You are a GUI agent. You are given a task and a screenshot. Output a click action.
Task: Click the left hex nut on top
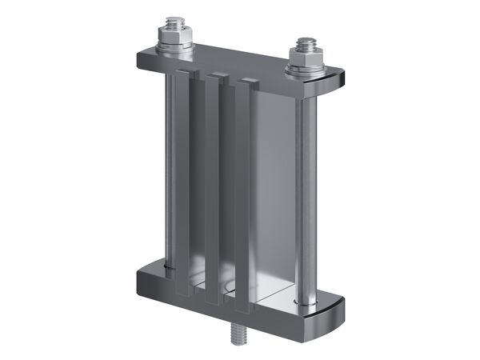pos(175,37)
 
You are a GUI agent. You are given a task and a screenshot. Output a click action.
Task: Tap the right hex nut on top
pos(305,58)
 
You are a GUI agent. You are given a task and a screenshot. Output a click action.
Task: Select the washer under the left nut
pos(175,48)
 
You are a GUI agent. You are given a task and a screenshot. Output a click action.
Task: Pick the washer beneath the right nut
pos(305,70)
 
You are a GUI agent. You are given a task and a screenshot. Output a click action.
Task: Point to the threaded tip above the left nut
pos(175,22)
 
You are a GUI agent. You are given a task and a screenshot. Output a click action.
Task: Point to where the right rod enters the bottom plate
pos(306,302)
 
